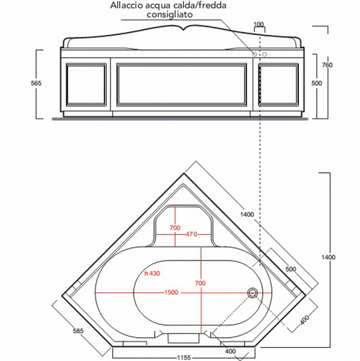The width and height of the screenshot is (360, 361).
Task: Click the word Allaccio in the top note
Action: [x=127, y=6]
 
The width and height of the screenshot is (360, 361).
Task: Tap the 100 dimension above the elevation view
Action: [x=259, y=24]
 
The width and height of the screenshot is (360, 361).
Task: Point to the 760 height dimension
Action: [x=343, y=65]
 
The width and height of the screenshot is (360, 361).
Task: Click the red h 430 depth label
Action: [x=153, y=273]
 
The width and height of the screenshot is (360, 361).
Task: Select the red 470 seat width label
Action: [x=191, y=234]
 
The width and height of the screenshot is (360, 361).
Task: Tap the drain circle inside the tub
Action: [x=252, y=292]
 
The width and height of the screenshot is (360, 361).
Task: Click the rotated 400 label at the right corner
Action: [x=304, y=319]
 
